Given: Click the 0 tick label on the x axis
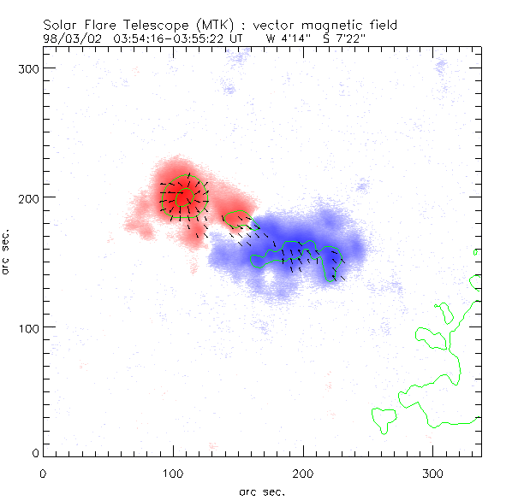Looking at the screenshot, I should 43,473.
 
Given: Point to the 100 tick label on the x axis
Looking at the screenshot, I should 173,473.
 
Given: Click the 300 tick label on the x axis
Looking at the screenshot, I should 433,473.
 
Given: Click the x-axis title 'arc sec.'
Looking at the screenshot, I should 262,491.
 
